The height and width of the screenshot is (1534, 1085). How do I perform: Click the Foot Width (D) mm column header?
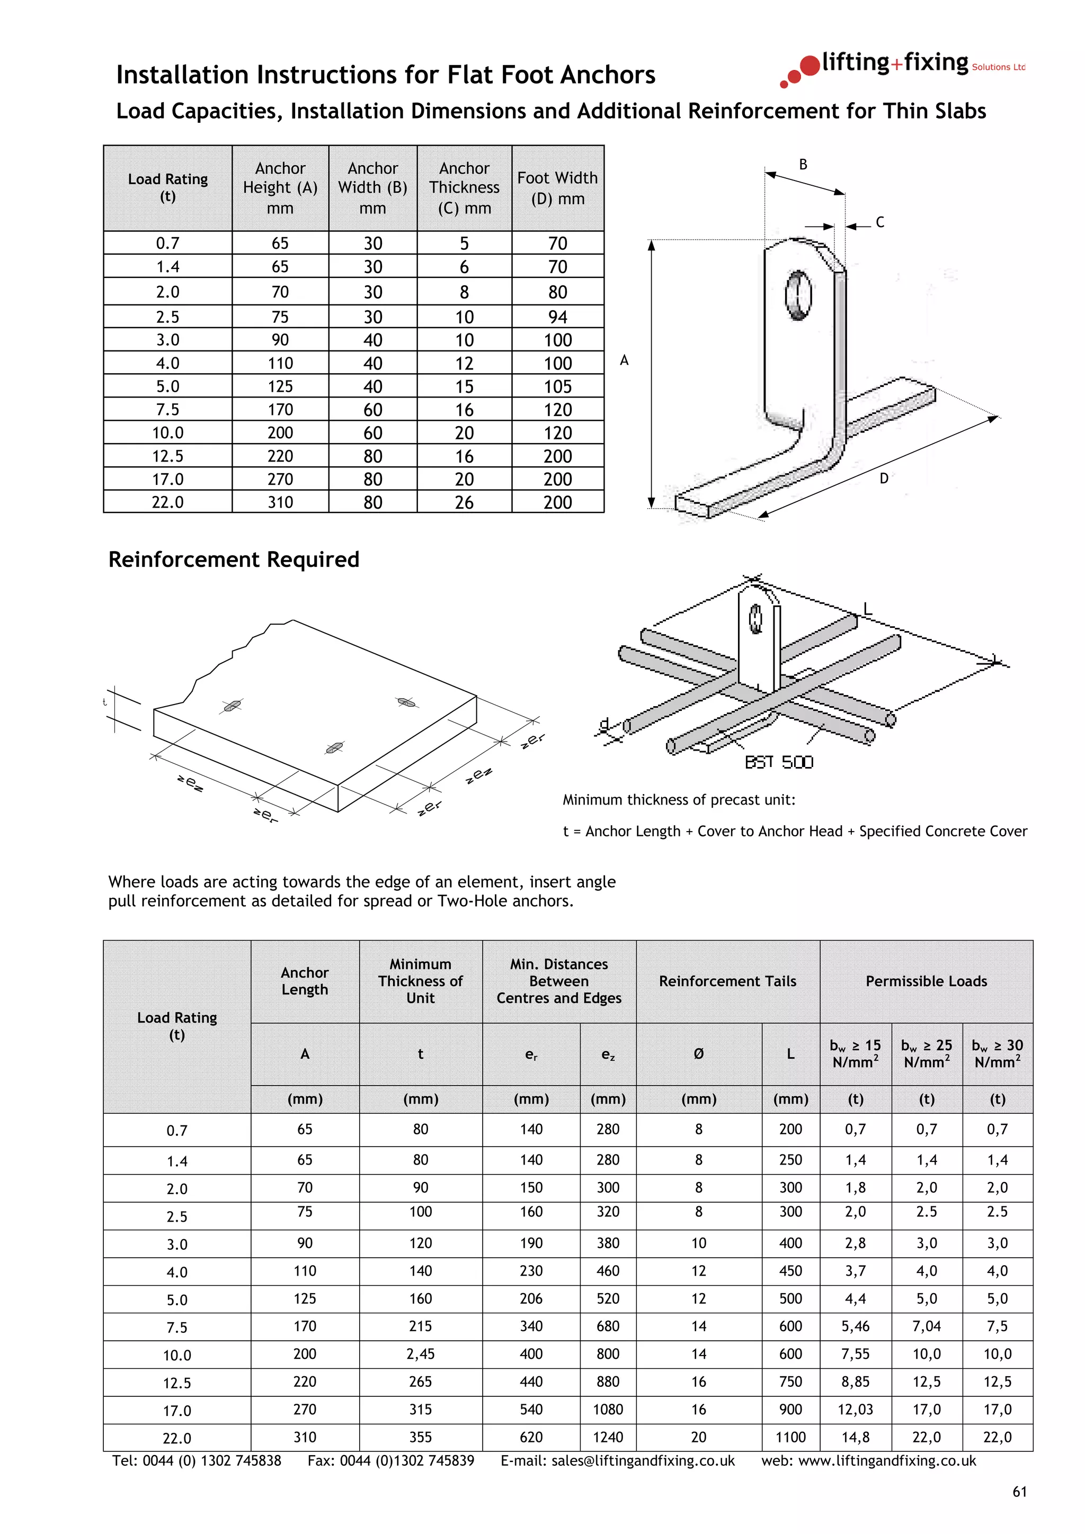tap(557, 188)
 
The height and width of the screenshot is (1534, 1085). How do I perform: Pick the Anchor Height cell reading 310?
tap(280, 502)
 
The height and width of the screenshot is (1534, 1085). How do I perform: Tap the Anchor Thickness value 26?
tap(464, 502)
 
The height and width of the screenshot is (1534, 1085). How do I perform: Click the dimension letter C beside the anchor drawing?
tap(880, 222)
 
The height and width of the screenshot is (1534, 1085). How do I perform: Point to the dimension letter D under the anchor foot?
tap(883, 479)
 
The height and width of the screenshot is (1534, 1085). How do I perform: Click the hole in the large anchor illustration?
tap(798, 295)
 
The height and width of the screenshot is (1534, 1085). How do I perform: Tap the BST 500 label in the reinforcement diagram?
tap(779, 762)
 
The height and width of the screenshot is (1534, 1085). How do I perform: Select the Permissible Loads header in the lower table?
tap(926, 981)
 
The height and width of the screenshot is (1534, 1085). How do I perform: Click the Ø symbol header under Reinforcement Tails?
tap(699, 1053)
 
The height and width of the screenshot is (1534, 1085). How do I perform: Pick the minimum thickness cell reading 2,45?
tap(421, 1353)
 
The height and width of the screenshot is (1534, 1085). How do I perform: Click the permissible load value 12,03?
tap(855, 1409)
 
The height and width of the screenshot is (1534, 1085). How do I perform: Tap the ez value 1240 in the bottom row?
tap(608, 1437)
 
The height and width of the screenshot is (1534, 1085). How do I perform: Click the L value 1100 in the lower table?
tap(790, 1437)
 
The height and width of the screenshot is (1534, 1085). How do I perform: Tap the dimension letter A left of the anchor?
tap(624, 361)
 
